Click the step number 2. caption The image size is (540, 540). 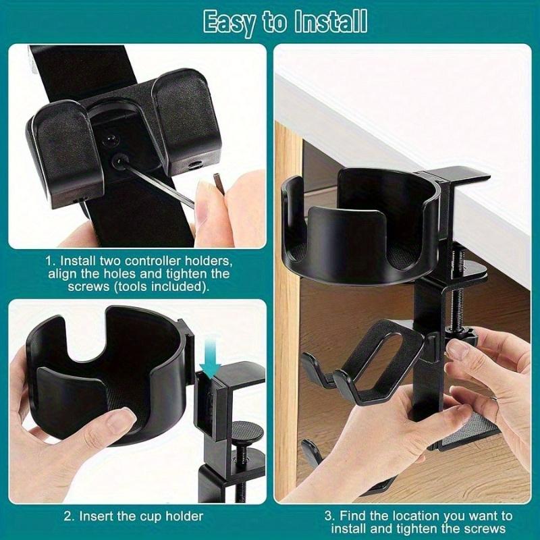pos(69,516)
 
